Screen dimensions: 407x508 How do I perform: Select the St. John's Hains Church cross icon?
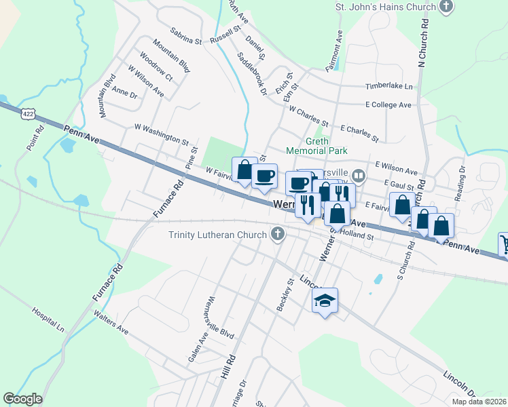tap(446, 7)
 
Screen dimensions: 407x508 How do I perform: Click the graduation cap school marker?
tap(325, 301)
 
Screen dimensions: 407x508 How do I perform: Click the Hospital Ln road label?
tap(48, 319)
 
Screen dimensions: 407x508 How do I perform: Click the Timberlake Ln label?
tap(389, 87)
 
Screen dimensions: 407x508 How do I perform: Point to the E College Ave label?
tap(388, 105)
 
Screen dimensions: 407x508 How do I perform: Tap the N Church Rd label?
tap(423, 42)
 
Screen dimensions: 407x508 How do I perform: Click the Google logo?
tap(22, 399)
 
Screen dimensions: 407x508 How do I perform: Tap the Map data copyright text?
tap(479, 402)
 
